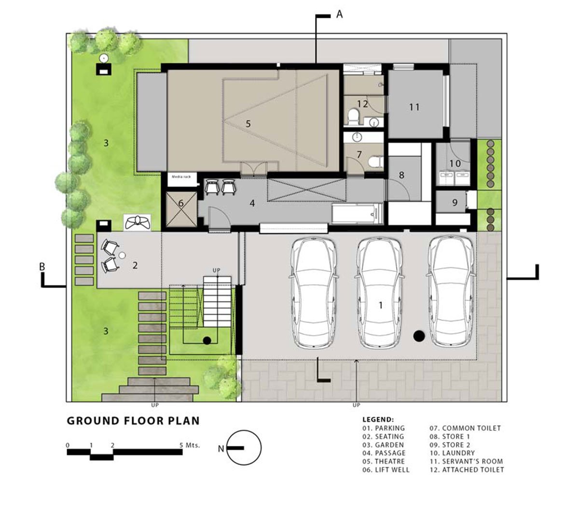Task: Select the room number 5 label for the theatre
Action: coord(248,124)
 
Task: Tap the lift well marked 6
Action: coord(181,204)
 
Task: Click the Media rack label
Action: coord(181,177)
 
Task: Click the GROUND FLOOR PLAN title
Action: coord(133,420)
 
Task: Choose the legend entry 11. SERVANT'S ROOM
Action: coord(466,461)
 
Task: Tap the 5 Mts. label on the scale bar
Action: coord(190,445)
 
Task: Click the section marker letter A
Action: coord(339,15)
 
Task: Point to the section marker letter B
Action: coord(42,266)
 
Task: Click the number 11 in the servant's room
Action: coord(414,107)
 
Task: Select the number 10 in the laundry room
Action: coord(455,164)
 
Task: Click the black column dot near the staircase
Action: coord(207,341)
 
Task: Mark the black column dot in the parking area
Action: coord(419,336)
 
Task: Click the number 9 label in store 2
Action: coord(455,203)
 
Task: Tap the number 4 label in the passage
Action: coord(252,203)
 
